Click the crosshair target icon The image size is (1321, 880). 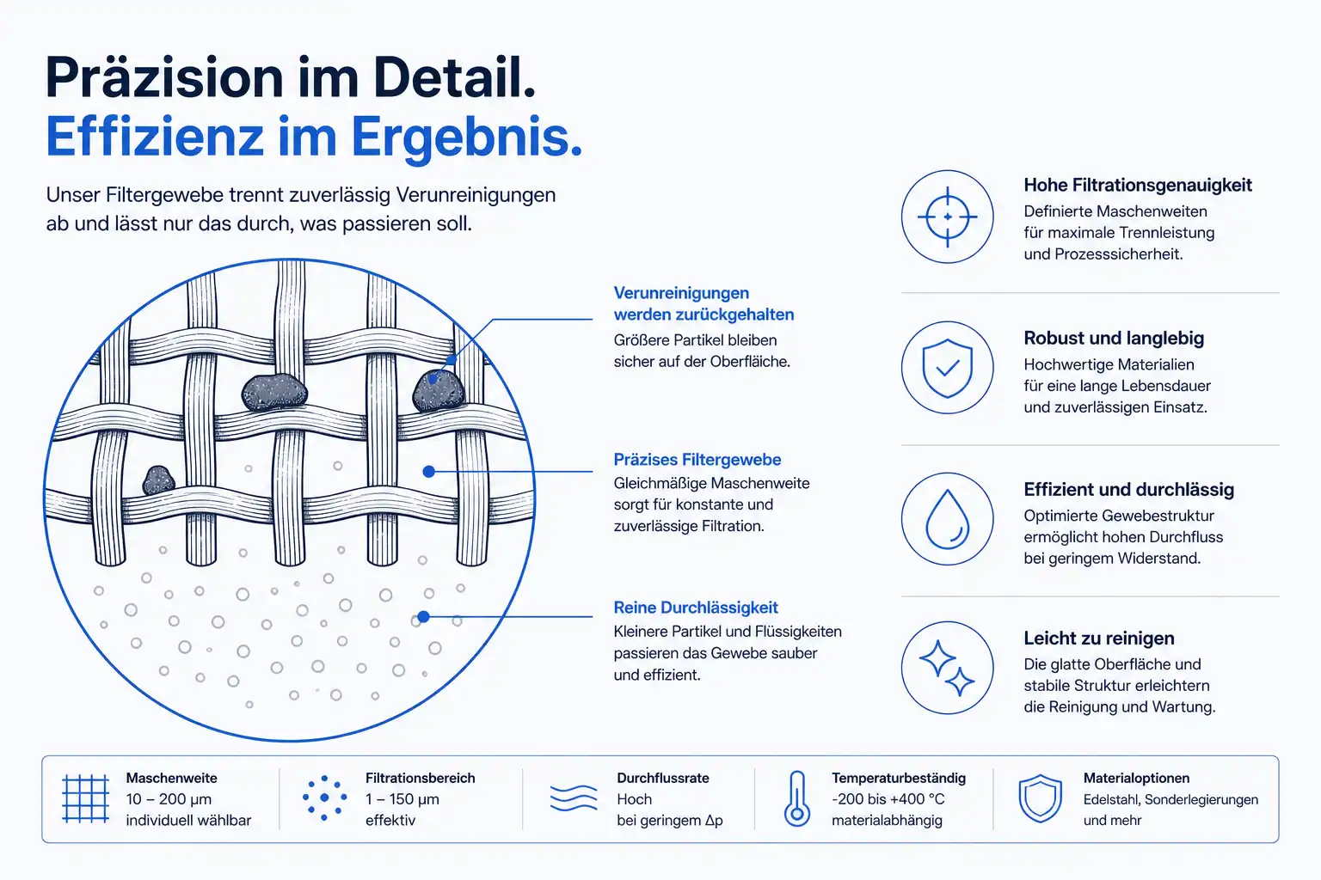(x=947, y=217)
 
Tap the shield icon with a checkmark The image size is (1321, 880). (x=947, y=368)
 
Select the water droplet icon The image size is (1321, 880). (x=947, y=519)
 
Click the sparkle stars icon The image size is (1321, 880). (x=947, y=668)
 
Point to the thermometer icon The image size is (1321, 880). (x=796, y=798)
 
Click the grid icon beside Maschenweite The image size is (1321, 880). (x=85, y=798)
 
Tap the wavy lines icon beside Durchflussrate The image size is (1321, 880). (x=574, y=798)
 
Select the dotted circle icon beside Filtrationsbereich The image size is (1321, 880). (x=323, y=798)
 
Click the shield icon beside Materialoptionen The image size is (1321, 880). (x=1041, y=798)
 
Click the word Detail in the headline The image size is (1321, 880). (x=454, y=78)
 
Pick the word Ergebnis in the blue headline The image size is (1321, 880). (x=466, y=137)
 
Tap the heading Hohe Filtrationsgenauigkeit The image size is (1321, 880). (x=1138, y=185)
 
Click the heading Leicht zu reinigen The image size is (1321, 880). (x=1098, y=639)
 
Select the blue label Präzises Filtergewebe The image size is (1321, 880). (x=697, y=459)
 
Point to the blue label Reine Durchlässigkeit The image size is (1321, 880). (x=696, y=607)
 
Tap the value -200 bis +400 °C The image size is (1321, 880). (x=888, y=799)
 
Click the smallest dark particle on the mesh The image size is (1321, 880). (x=158, y=480)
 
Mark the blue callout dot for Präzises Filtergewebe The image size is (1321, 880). (x=429, y=472)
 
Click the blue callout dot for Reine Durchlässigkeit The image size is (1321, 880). (x=423, y=617)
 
